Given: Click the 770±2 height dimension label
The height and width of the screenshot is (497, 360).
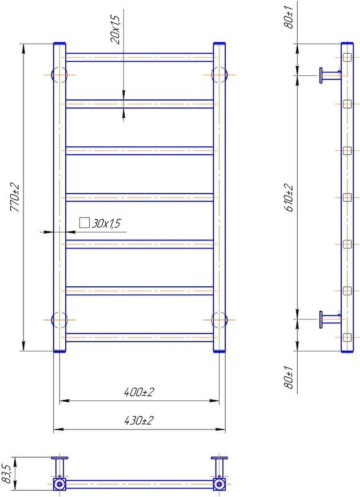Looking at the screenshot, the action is [15, 198].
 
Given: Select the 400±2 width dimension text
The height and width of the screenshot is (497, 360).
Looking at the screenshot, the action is [139, 392].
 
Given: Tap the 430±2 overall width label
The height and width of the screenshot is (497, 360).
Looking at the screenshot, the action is [139, 420].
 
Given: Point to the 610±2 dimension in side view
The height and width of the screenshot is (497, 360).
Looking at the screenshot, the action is [289, 198].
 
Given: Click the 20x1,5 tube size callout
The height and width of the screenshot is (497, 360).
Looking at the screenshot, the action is [115, 30].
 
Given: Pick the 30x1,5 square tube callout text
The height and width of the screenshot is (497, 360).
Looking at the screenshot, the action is [106, 223].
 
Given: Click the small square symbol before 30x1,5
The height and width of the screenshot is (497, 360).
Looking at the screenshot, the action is [85, 223].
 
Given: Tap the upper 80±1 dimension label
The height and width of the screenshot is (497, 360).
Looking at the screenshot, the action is [289, 17].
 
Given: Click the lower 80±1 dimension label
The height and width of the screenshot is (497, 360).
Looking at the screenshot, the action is [289, 376].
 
